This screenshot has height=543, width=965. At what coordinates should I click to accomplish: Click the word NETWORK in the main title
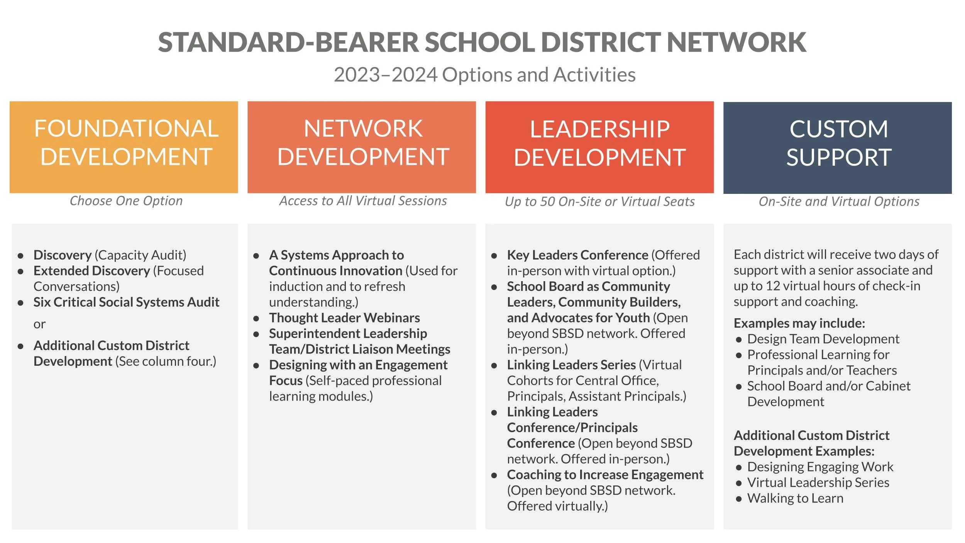click(736, 42)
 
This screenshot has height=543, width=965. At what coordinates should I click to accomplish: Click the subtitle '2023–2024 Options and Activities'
click(484, 75)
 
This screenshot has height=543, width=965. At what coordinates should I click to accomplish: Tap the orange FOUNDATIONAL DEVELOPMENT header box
click(124, 147)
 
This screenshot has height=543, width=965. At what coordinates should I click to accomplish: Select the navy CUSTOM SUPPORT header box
click(837, 148)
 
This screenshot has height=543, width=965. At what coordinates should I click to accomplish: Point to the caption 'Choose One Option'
click(126, 201)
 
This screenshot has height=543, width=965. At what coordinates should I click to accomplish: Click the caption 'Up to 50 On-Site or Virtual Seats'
click(599, 202)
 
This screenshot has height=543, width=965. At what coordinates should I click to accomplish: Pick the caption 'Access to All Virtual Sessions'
click(363, 201)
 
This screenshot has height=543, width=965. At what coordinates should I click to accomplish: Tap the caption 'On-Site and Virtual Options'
click(839, 202)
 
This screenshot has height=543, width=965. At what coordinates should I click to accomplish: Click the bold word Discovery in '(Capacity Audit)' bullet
click(63, 255)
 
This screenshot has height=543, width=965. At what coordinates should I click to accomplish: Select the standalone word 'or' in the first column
click(39, 324)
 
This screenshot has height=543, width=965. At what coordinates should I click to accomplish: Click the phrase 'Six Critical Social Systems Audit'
click(126, 302)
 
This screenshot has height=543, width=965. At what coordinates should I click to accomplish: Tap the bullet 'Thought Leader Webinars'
click(344, 318)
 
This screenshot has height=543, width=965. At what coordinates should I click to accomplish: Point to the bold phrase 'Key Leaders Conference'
click(577, 255)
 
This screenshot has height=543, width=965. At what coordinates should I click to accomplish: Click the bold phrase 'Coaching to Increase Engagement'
click(605, 475)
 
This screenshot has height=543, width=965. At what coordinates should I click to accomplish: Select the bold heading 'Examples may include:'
click(799, 323)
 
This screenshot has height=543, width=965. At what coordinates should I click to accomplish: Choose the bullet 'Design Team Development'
click(823, 339)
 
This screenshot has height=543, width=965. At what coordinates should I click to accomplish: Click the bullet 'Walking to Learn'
click(795, 498)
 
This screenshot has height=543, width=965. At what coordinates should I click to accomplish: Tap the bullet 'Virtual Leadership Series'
click(818, 482)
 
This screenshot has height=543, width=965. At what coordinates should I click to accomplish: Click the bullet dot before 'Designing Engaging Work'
click(739, 468)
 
